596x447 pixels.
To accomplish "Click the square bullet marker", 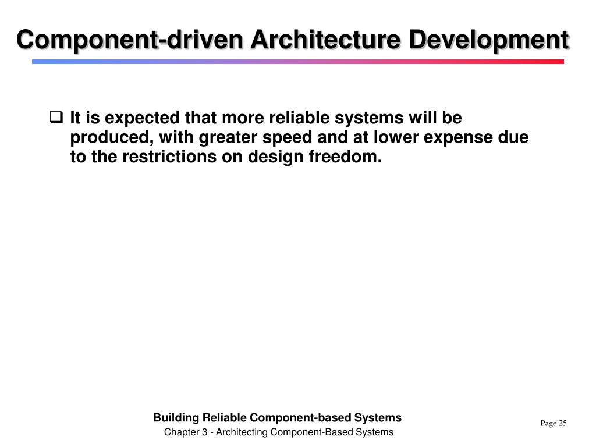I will [x=56, y=118].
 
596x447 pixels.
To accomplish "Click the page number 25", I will [x=562, y=423].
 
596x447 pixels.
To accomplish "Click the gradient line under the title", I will [x=298, y=61].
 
